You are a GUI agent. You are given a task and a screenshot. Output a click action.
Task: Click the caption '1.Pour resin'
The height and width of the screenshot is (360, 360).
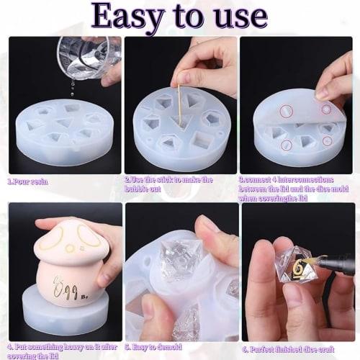28,181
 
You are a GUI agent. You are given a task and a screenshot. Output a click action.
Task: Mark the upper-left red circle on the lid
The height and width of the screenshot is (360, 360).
287,111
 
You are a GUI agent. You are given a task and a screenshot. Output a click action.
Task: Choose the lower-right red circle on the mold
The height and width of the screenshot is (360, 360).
327,141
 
